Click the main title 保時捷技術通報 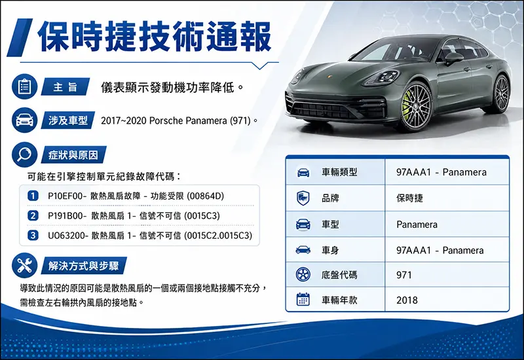coord(155,37)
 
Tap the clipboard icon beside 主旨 coord(24,86)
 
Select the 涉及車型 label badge coord(68,120)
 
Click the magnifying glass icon coord(24,154)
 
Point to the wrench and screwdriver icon coord(24,266)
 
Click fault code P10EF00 coord(65,196)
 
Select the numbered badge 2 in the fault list coord(33,215)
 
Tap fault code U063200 coord(65,236)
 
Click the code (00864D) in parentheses coord(205,196)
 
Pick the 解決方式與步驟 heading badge coord(84,266)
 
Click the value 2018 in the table coord(407,300)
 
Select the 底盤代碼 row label coord(339,275)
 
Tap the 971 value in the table coord(403,275)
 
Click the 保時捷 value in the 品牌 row coord(409,198)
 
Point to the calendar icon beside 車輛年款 coord(303,299)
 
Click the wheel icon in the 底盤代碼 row coord(303,274)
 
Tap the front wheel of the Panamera coord(415,107)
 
